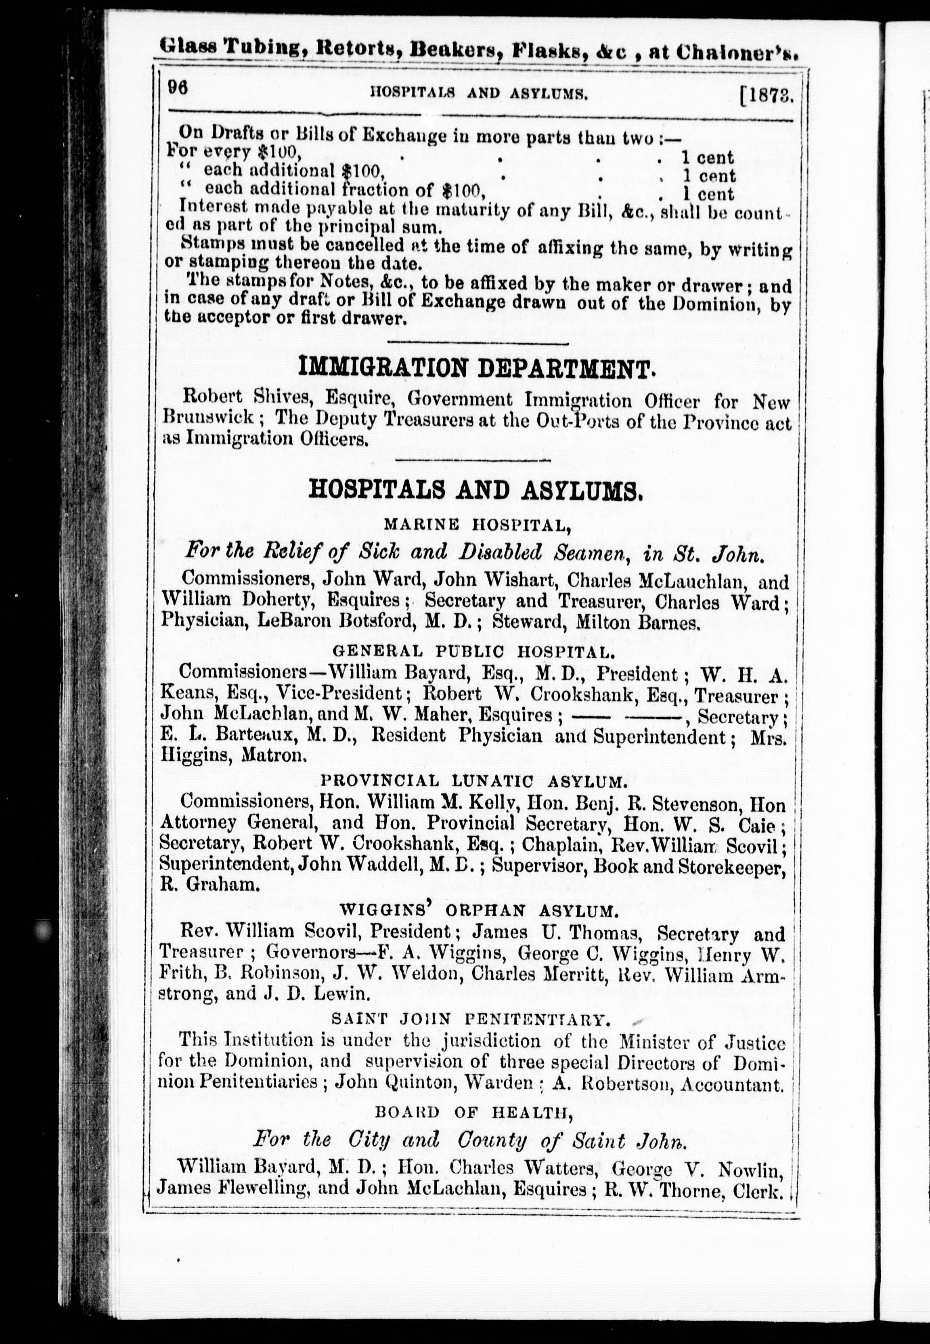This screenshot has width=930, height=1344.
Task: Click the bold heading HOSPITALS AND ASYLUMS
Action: point(475,491)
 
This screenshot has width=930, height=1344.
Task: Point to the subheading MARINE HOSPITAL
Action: point(477,525)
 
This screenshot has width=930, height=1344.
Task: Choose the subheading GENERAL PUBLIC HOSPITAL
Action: point(473,651)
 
